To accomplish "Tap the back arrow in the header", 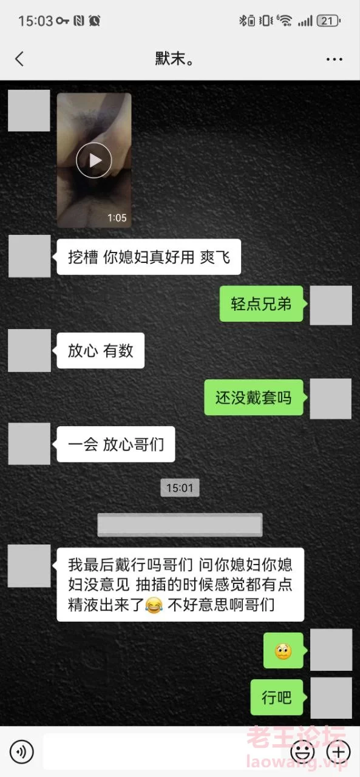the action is click(19, 59).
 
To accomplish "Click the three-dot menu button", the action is click(334, 59).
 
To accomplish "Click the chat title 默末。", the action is click(174, 58).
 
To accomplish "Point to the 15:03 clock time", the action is click(35, 21).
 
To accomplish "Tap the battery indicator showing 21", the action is click(328, 21).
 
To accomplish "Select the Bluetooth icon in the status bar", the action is click(242, 21).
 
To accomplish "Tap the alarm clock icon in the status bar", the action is click(94, 21).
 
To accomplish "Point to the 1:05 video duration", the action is click(117, 218).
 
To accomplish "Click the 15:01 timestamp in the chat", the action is click(180, 487).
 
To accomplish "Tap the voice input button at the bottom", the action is click(21, 752).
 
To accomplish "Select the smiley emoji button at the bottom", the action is click(302, 752).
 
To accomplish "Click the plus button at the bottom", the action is click(339, 752).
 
